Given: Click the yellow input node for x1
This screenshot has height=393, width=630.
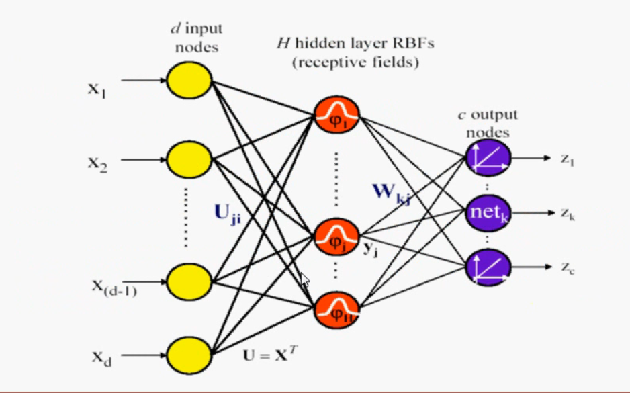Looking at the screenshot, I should coord(189,80).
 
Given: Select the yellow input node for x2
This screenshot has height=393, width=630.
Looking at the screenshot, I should coord(189,159).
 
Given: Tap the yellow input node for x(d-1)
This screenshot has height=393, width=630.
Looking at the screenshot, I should coord(189,279).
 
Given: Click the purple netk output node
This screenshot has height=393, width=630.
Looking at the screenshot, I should coord(488,214).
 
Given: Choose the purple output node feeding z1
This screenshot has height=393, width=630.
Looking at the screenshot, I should coord(488,159).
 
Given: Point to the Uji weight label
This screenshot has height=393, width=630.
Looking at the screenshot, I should coord(228,214).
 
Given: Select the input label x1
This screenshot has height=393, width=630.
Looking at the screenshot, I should coord(97,88).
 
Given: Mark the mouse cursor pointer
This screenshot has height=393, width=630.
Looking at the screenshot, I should coord(304,280).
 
